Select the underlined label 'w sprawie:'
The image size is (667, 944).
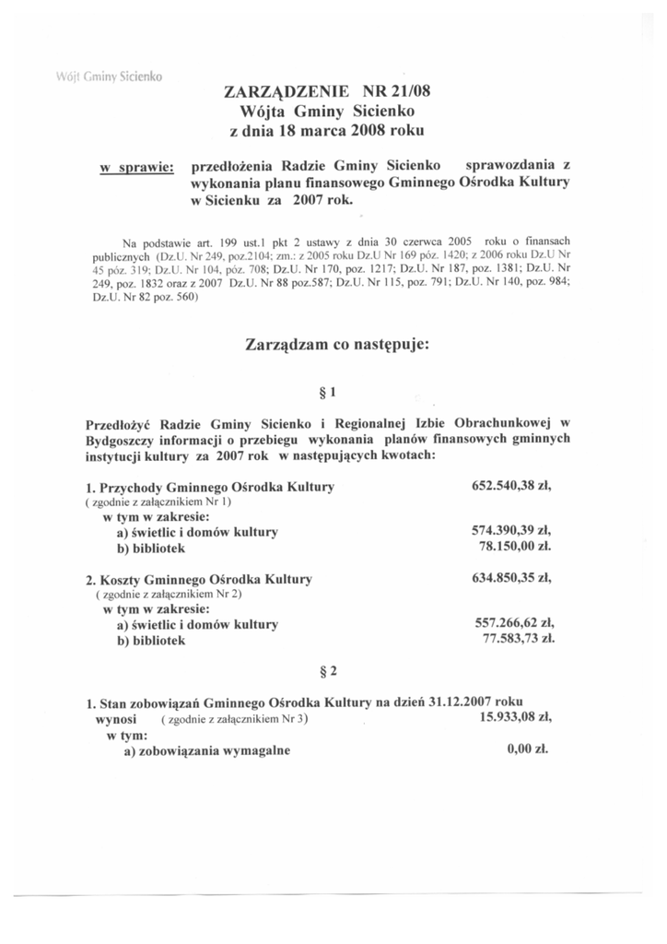tap(137, 169)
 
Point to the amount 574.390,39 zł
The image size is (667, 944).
tap(510, 531)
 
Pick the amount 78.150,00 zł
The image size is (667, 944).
tap(515, 547)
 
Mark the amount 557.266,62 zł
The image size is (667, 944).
tap(513, 623)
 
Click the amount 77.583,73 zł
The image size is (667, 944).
tap(519, 638)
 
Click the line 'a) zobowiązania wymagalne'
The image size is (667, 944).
tap(207, 750)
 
